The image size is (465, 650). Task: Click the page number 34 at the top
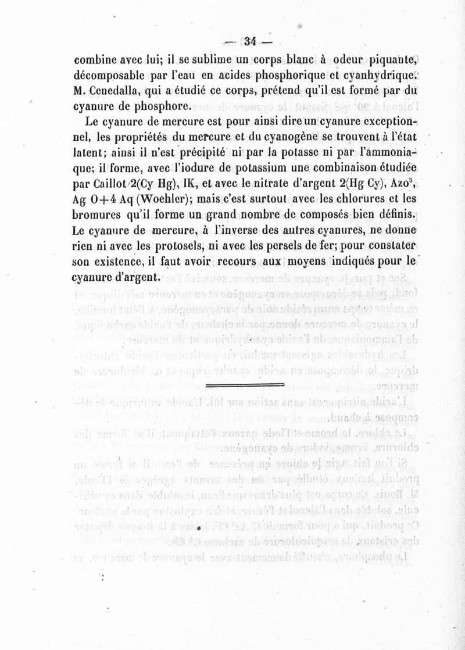251,41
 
